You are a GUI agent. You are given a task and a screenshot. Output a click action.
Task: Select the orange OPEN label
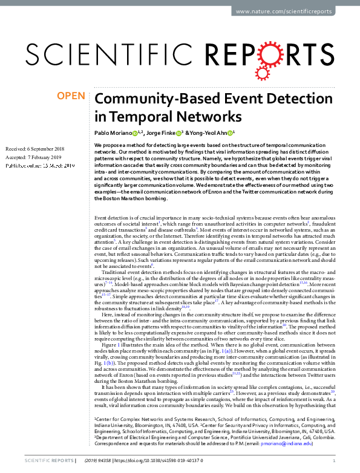click(70, 96)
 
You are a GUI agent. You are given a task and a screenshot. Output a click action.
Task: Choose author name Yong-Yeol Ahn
click(211, 132)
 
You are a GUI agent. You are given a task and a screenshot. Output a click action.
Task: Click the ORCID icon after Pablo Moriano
click(135, 132)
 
